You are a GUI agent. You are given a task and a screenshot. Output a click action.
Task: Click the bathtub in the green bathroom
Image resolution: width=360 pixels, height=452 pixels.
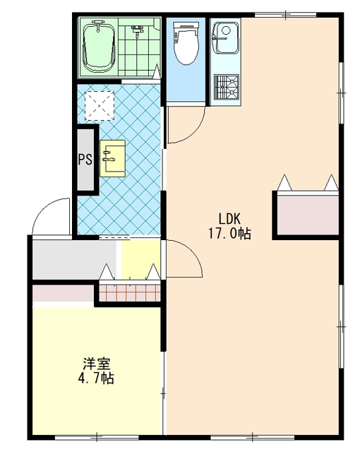pyautogui.click(x=99, y=47)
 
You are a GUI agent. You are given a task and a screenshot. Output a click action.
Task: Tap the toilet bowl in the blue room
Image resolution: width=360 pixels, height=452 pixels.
pyautogui.click(x=186, y=43)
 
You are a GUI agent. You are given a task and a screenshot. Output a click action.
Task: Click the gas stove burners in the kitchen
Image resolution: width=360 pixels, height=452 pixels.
pyautogui.click(x=227, y=85)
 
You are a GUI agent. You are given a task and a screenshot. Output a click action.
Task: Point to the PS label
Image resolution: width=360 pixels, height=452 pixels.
pyautogui.click(x=85, y=159)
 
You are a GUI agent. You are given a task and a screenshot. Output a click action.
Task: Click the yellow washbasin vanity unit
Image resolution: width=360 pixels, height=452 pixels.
pyautogui.click(x=113, y=158)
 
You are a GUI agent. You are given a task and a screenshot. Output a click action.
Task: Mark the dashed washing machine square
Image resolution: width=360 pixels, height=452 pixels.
pyautogui.click(x=100, y=105)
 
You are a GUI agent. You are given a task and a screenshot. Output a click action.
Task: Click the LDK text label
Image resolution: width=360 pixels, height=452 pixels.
pyautogui.click(x=229, y=219)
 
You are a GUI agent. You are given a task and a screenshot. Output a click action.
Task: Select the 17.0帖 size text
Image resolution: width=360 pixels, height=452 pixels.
pyautogui.click(x=229, y=234)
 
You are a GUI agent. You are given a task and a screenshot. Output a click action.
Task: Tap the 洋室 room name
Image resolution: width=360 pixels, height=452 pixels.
pyautogui.click(x=97, y=364)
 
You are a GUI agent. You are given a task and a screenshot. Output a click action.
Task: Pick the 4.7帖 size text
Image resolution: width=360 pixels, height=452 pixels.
pyautogui.click(x=96, y=379)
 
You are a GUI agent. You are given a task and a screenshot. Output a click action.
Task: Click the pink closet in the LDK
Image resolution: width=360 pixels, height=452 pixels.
pyautogui.click(x=307, y=215)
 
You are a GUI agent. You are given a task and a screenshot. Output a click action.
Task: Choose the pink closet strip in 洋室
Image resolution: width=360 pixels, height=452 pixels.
pyautogui.click(x=63, y=293)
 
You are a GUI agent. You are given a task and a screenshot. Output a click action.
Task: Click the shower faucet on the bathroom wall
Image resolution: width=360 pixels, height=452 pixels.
pyautogui.click(x=137, y=31)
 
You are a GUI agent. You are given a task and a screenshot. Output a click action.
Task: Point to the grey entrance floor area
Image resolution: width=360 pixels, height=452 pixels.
pyautogui.click(x=74, y=259)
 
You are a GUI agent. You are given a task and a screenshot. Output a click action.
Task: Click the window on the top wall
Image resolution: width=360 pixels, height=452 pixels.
pyautogui.click(x=285, y=14)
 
